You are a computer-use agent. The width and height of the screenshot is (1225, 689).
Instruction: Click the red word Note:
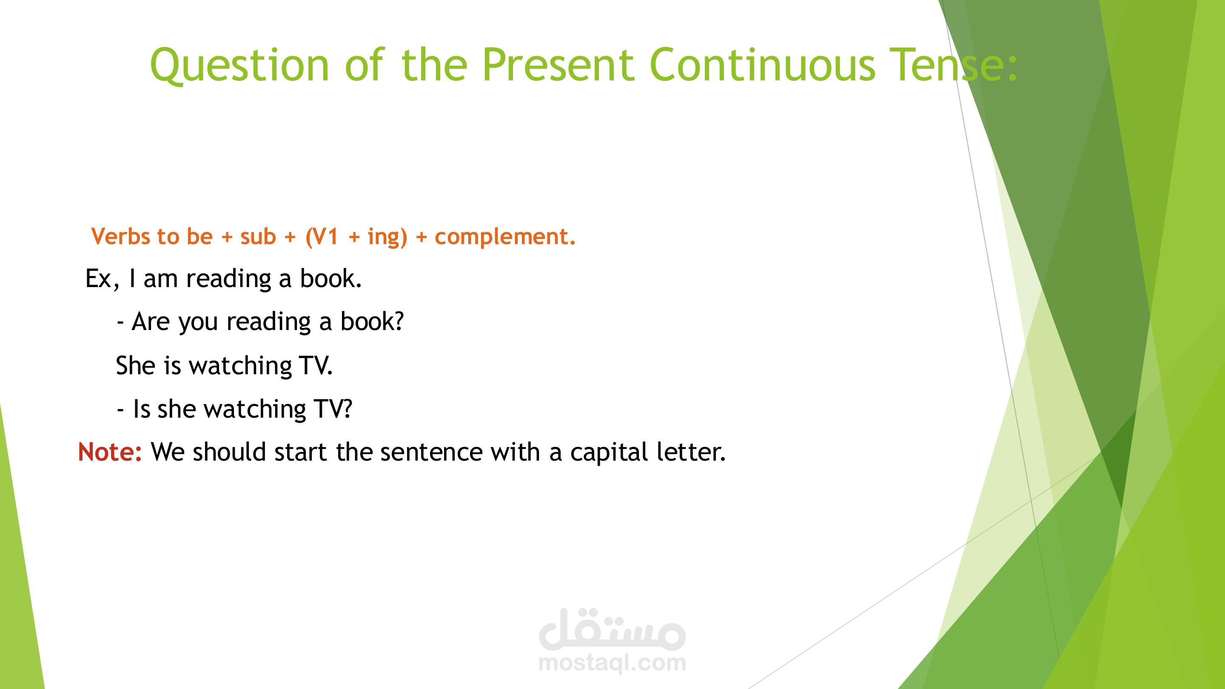point(110,452)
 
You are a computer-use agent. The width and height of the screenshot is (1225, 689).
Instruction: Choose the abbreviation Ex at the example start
point(98,279)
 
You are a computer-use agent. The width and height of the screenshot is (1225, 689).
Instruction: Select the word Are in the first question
point(150,322)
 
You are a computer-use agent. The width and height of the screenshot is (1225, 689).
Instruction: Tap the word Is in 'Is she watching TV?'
point(142,409)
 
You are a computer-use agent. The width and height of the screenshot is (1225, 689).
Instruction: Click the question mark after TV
point(347,408)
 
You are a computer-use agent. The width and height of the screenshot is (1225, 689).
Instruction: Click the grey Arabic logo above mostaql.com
point(612,629)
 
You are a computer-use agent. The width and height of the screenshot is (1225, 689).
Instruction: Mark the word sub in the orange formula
point(258,236)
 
